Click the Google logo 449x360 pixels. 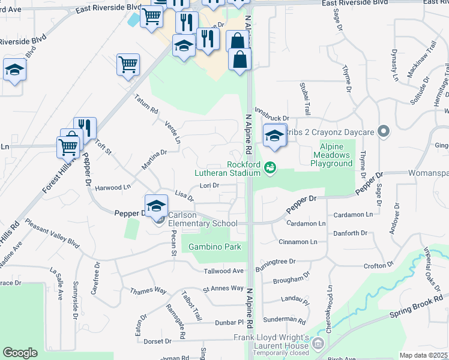tap(20, 352)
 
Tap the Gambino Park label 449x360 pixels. tap(215, 247)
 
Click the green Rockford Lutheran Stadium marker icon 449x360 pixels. tap(270, 167)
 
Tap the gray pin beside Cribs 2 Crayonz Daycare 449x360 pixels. tap(385, 131)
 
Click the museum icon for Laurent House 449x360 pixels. tap(318, 343)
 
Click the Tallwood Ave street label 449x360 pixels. tap(223, 271)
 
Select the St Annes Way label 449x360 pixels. tap(223, 288)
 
